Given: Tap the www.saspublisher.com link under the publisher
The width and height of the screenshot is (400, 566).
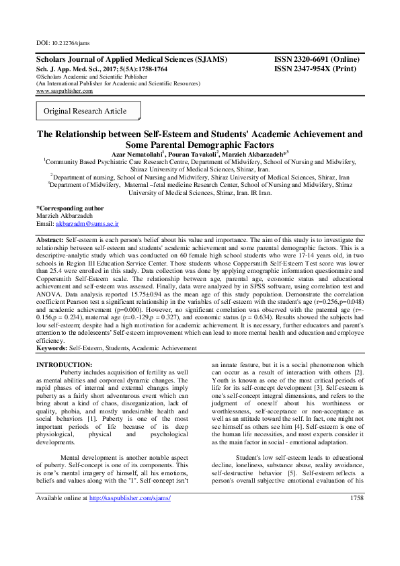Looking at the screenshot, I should (x=64, y=91).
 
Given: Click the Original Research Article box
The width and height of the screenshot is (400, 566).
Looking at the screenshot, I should (x=85, y=110).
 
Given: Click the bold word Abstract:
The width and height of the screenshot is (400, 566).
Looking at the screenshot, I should (x=50, y=239).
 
